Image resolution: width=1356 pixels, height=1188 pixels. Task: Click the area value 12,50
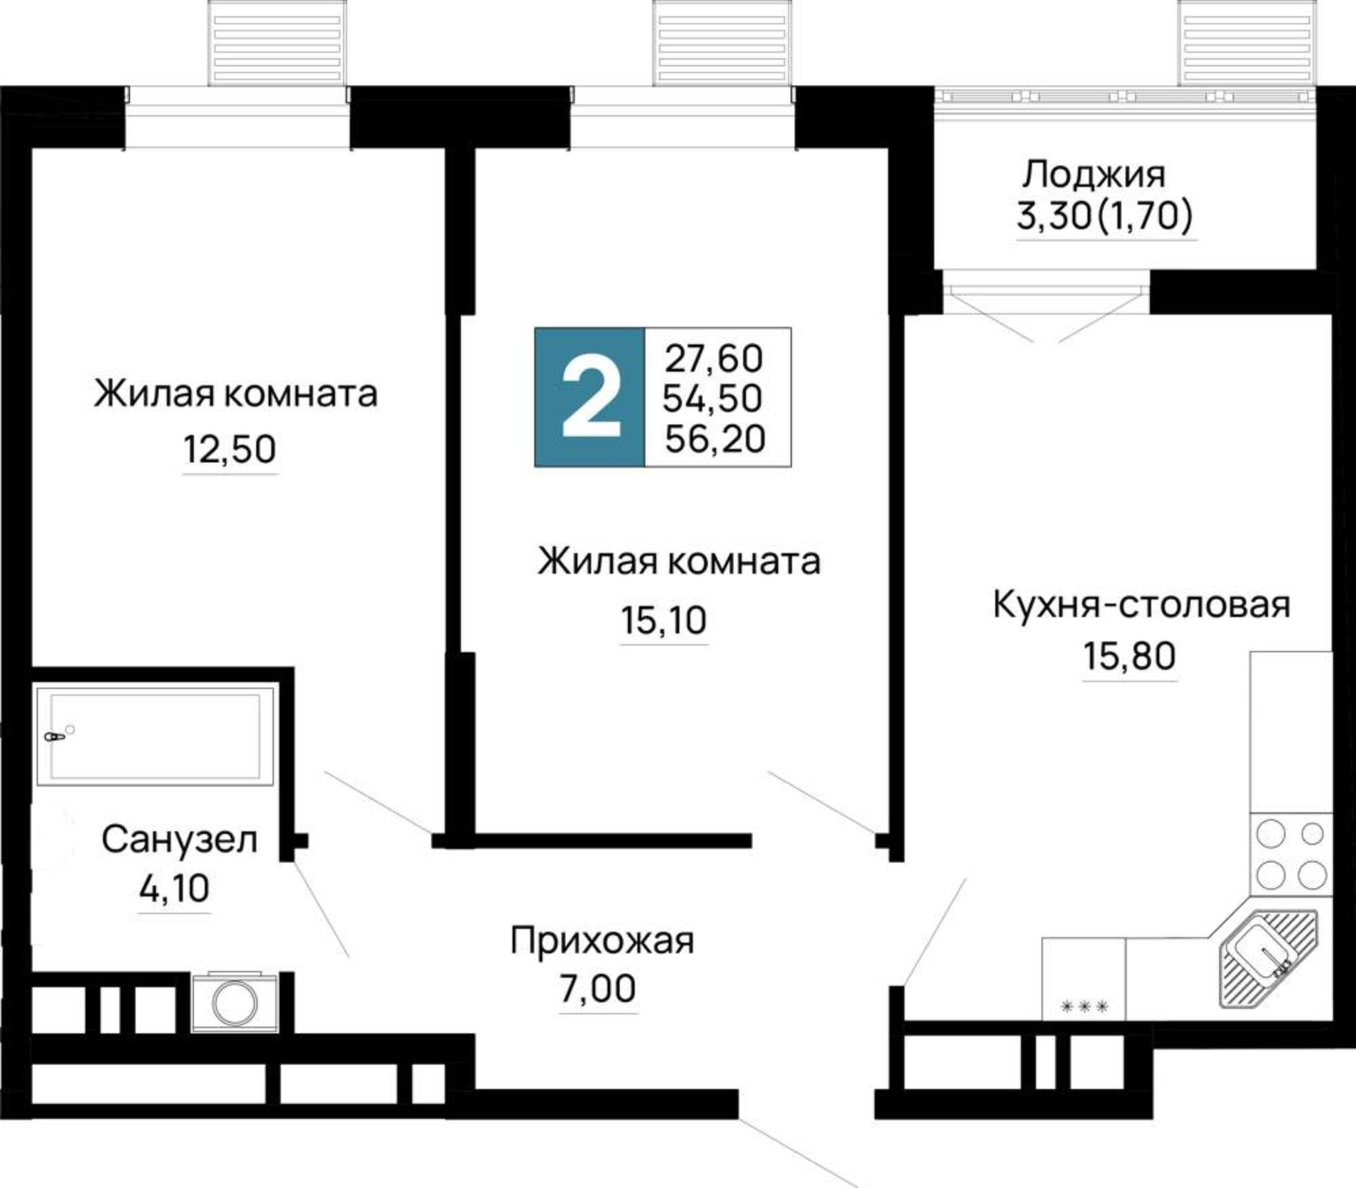(x=230, y=450)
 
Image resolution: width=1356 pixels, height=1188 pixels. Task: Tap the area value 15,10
(x=664, y=620)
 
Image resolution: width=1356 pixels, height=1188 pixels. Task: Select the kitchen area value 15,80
(x=1129, y=656)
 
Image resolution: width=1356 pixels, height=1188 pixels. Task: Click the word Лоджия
(x=1094, y=175)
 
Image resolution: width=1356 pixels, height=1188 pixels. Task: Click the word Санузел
(x=180, y=840)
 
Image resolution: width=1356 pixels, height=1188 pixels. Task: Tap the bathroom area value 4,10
(x=174, y=889)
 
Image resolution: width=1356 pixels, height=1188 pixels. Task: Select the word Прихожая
(x=602, y=941)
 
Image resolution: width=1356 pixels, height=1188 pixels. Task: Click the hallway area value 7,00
(x=597, y=989)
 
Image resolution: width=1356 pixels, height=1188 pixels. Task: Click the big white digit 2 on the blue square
(x=591, y=398)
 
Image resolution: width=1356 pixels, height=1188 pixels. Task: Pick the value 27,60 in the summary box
(x=714, y=359)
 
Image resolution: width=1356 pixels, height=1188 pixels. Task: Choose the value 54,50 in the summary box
(x=713, y=398)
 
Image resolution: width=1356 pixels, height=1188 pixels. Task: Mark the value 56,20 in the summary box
(x=715, y=439)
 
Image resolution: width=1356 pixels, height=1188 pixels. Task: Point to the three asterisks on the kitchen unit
(x=1083, y=1007)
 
